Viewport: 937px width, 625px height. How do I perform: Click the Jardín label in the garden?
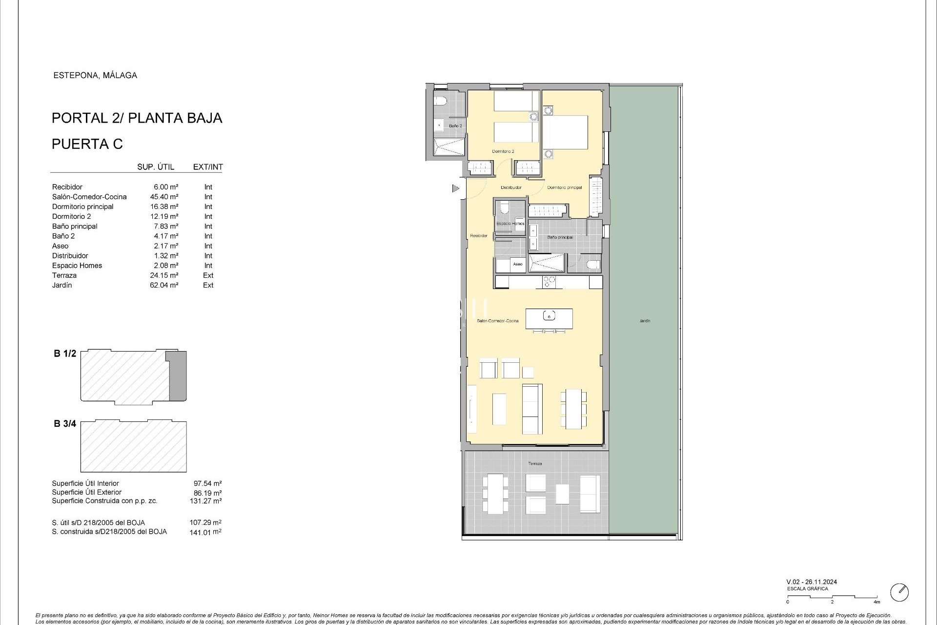point(645,321)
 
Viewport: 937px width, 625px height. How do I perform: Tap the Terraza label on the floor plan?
point(535,463)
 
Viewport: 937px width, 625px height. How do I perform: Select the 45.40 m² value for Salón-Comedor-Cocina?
point(164,197)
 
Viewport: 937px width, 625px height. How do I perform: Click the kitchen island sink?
point(549,316)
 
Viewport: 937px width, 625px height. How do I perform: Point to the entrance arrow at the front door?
point(456,188)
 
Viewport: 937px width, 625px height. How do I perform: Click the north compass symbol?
point(899,592)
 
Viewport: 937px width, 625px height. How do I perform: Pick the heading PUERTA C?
point(87,144)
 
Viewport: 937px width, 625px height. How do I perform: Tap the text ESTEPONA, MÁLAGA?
point(95,75)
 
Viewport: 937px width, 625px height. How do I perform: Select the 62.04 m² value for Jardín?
point(164,285)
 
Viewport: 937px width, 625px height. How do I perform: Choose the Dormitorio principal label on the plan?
point(564,187)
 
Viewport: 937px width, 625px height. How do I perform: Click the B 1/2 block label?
point(65,354)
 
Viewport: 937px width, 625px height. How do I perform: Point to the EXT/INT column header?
point(208,167)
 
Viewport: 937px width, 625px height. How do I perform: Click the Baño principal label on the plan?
point(560,237)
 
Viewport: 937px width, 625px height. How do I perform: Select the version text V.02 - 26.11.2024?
point(812,582)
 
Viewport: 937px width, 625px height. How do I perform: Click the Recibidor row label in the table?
point(67,187)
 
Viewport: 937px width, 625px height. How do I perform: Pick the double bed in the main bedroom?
point(565,132)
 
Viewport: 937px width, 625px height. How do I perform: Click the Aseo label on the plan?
point(517,264)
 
